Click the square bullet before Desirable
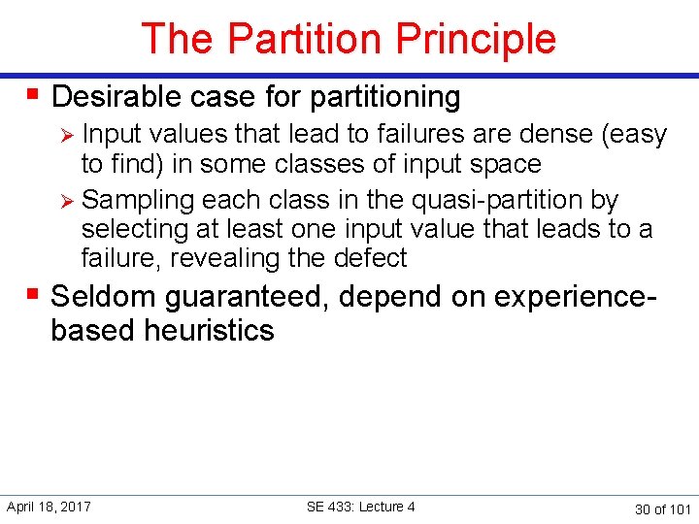[34, 95]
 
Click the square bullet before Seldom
[34, 294]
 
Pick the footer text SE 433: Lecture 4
[360, 507]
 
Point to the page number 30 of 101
[662, 508]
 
